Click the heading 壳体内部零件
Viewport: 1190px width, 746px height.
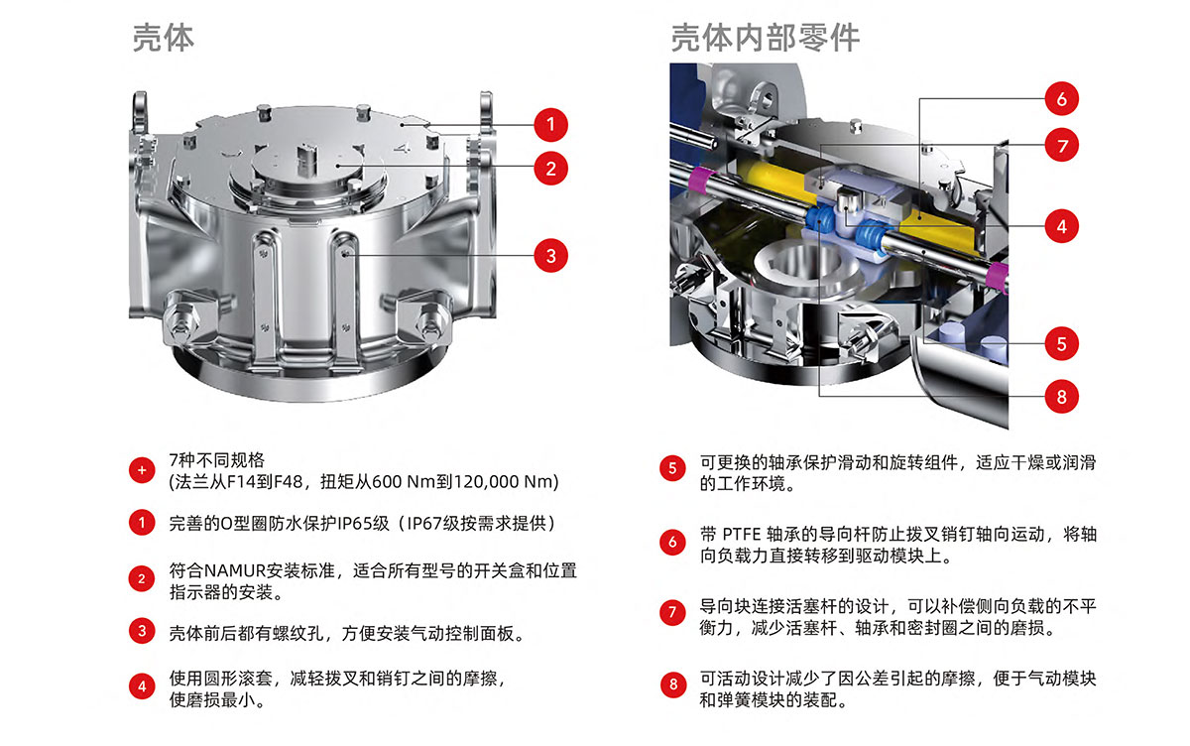(765, 38)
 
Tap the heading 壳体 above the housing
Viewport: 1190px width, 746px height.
(164, 38)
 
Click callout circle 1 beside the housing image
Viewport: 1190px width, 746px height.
(551, 125)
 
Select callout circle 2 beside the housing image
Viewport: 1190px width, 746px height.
(551, 169)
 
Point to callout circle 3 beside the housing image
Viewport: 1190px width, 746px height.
(551, 256)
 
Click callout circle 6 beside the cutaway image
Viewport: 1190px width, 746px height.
(1061, 98)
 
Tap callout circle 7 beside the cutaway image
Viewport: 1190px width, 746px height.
(1061, 145)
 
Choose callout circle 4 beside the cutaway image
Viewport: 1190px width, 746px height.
(1061, 226)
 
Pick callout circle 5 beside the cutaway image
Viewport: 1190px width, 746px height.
(1061, 343)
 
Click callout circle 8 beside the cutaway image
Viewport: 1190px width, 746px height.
(1061, 396)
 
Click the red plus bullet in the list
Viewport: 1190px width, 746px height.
(142, 470)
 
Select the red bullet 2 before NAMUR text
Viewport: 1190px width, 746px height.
(142, 578)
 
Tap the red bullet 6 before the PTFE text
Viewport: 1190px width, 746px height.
(672, 542)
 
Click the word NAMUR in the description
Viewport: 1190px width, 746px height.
(235, 570)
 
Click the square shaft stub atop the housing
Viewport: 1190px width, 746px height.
(307, 159)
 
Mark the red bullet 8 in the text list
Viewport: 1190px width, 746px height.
(673, 684)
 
